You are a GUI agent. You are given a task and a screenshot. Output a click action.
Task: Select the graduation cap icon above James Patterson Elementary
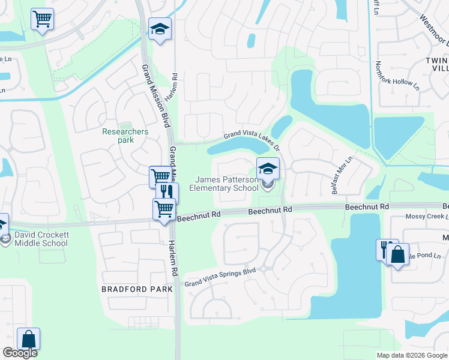(268, 167)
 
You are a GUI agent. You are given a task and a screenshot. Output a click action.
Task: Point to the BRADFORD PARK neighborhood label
(137, 289)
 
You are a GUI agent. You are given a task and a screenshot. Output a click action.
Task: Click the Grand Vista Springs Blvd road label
(220, 277)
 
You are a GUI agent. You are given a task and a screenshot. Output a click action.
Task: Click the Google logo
(20, 353)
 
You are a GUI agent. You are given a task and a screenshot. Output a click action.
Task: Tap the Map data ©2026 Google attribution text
(412, 355)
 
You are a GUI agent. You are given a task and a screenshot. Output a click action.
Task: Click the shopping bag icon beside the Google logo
(29, 339)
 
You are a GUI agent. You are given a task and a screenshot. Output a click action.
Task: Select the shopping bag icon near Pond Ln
(397, 254)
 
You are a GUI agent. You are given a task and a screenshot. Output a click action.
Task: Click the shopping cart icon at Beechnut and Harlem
(164, 210)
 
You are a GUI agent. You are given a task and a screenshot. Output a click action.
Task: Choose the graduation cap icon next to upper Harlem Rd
(160, 29)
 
